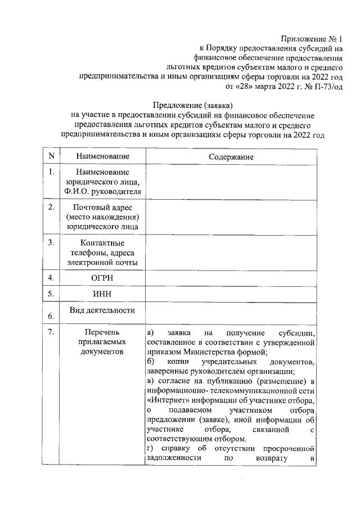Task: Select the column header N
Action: click(51, 156)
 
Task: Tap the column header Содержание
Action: click(231, 157)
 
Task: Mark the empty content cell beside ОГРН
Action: click(231, 278)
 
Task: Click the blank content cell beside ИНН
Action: click(231, 294)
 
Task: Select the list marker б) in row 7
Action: click(150, 361)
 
